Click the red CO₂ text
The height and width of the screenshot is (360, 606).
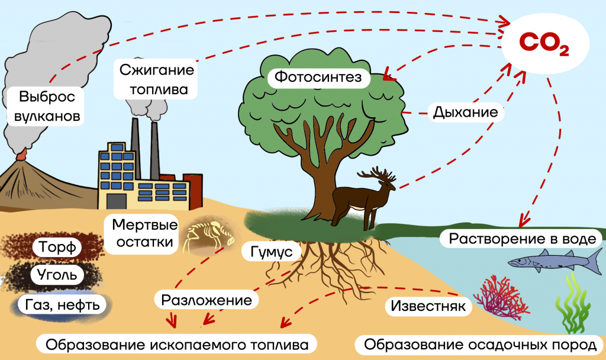(x=544, y=43)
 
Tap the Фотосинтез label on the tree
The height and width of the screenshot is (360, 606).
(x=318, y=77)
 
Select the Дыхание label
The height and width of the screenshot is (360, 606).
(x=465, y=112)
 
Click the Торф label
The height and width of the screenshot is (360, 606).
(x=57, y=247)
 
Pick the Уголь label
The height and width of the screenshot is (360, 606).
(x=57, y=275)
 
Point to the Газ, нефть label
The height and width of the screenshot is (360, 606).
(x=62, y=305)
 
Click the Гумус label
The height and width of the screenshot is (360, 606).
(x=271, y=252)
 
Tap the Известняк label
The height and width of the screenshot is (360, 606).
(x=428, y=306)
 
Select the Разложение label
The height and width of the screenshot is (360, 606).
(x=207, y=300)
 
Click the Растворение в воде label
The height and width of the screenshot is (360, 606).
(x=522, y=239)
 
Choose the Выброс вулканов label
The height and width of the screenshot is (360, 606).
(x=47, y=106)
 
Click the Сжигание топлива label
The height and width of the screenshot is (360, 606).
(x=156, y=79)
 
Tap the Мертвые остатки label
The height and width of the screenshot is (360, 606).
(x=144, y=233)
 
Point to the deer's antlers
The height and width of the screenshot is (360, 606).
(x=378, y=175)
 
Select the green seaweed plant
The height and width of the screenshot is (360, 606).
(x=572, y=304)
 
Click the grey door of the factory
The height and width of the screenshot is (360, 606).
(x=117, y=201)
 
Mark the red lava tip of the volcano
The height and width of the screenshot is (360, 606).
(x=21, y=156)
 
